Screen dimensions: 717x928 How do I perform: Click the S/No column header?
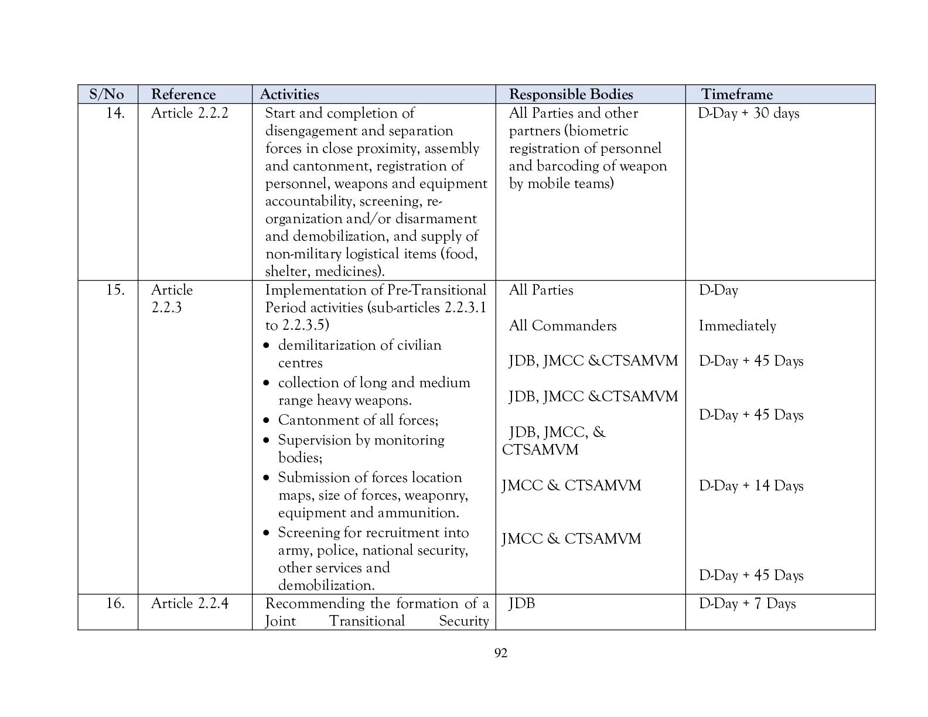[107, 94]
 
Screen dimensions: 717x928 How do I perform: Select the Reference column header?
[183, 94]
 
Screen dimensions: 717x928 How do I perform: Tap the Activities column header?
[289, 94]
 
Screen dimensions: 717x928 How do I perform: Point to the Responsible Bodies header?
[571, 94]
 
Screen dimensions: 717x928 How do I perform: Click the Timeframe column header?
[737, 94]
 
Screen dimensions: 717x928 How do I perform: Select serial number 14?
[115, 113]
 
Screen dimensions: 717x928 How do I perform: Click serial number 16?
[115, 603]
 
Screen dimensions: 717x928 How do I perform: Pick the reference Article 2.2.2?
[189, 113]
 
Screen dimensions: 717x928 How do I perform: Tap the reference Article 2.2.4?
[189, 603]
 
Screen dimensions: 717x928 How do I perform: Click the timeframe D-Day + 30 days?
[748, 113]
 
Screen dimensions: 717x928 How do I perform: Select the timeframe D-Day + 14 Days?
[750, 486]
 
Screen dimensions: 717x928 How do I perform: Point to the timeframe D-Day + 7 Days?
[747, 603]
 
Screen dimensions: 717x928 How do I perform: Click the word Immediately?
[737, 326]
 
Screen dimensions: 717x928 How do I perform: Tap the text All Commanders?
[562, 326]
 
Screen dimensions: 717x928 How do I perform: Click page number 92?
[501, 653]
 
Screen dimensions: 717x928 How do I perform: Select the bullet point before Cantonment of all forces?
[267, 421]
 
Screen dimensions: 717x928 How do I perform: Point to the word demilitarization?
[326, 345]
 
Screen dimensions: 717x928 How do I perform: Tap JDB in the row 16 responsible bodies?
[522, 603]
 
